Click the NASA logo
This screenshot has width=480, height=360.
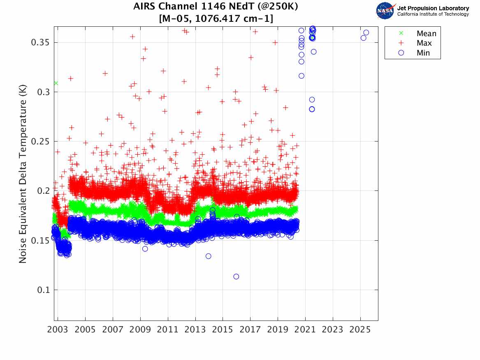[385, 11]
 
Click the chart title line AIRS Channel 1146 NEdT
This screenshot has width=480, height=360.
[216, 7]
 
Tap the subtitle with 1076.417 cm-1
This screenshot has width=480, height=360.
[216, 19]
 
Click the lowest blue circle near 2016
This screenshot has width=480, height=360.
[236, 276]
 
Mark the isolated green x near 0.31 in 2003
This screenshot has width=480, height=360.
[56, 83]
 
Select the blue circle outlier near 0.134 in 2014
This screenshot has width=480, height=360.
[209, 256]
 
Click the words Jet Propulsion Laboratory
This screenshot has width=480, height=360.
[433, 8]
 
